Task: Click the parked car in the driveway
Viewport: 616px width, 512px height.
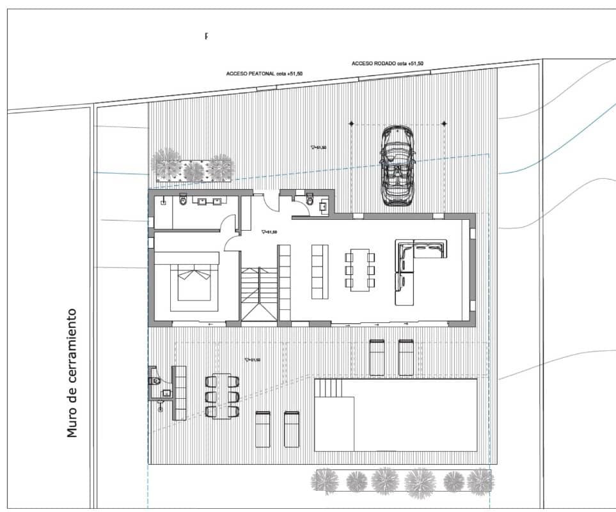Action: coord(397,166)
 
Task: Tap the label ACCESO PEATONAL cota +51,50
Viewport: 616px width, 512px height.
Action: coord(264,74)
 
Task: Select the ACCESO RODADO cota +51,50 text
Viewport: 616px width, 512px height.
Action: coord(387,64)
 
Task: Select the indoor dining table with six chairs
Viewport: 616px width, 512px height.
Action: coord(360,271)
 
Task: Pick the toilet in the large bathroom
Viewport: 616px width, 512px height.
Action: coord(184,202)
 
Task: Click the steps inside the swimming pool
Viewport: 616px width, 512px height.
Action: coord(329,388)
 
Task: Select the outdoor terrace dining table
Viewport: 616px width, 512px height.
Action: coord(222,396)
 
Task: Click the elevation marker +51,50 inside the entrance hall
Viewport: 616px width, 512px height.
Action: coord(269,233)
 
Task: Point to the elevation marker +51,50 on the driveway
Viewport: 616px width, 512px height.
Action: coord(318,148)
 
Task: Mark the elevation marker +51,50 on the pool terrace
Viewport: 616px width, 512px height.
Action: coord(252,360)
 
